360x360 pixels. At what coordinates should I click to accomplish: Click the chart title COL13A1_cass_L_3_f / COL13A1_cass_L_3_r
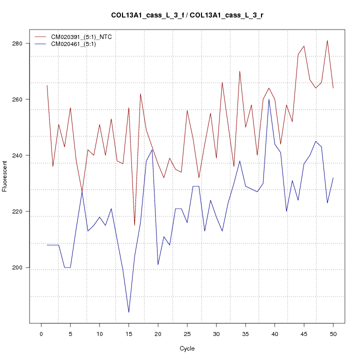[187, 15]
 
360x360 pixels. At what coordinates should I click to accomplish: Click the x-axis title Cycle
[187, 348]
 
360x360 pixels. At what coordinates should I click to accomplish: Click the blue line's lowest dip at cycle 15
[128, 312]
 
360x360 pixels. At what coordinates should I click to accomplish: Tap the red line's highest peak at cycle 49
[327, 40]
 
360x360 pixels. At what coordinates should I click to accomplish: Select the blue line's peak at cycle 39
[269, 99]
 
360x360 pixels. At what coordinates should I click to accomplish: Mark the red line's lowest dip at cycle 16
[134, 225]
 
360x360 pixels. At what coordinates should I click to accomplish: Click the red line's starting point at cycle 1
[47, 85]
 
